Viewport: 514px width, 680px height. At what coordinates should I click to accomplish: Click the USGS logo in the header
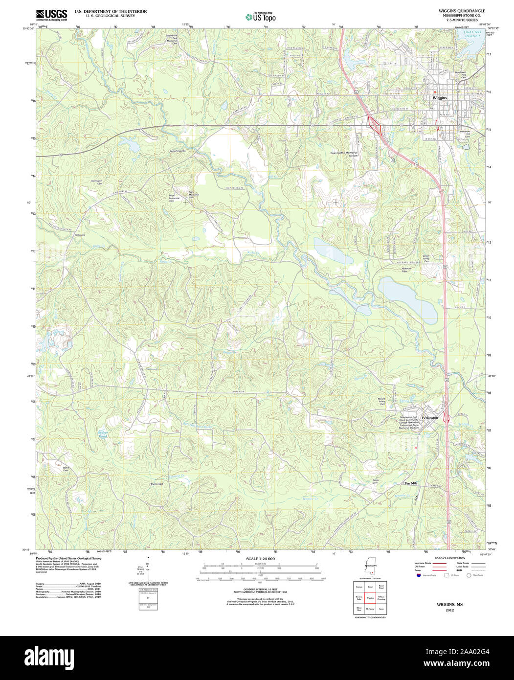[x=52, y=15]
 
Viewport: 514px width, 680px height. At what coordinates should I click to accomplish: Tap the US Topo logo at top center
[x=261, y=17]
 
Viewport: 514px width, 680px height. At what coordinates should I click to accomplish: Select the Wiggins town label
[x=440, y=98]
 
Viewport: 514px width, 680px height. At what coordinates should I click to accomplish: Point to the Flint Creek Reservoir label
[x=473, y=34]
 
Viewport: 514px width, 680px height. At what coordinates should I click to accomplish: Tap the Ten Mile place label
[x=411, y=483]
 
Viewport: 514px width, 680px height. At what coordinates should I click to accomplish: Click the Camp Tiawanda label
[x=178, y=151]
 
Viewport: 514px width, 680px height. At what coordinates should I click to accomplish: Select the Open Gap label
[x=156, y=484]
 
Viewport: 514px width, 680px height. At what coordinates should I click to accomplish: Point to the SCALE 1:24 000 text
[x=260, y=559]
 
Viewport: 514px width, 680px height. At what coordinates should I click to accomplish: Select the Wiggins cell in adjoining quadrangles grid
[x=370, y=598]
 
